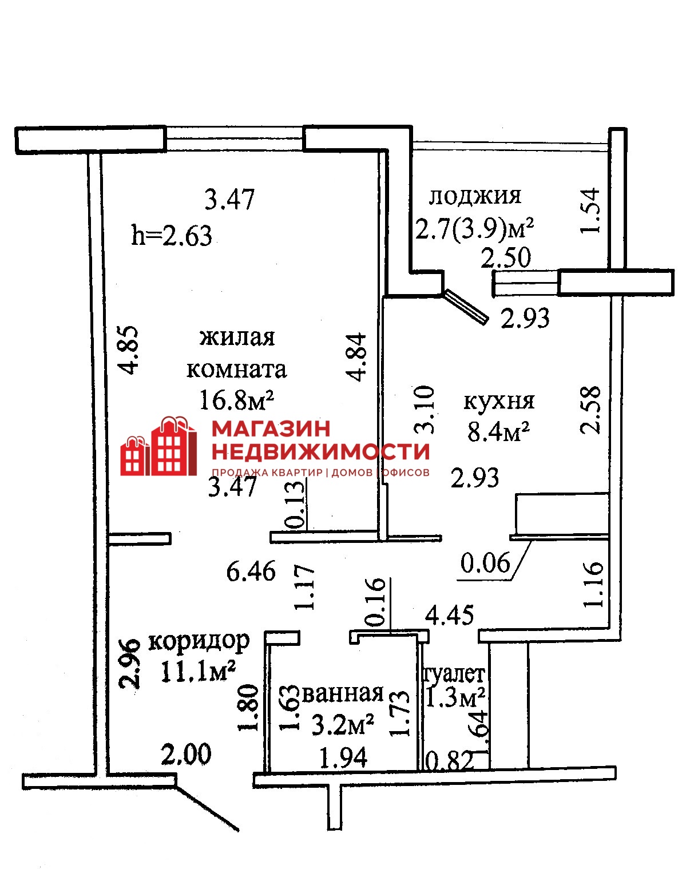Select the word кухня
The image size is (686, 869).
point(499,402)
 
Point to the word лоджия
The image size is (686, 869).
point(475,196)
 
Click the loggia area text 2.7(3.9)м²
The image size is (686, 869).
point(475,230)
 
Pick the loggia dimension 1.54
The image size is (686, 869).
point(589,210)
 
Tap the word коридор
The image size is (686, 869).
point(199,642)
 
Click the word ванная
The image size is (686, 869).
point(343,693)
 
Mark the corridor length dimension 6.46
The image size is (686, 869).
point(251,572)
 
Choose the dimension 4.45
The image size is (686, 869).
point(450,615)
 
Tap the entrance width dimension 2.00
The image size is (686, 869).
point(187,754)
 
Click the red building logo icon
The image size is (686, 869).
point(159,446)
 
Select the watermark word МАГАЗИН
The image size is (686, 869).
point(271,428)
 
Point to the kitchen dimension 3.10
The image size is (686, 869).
point(425,410)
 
